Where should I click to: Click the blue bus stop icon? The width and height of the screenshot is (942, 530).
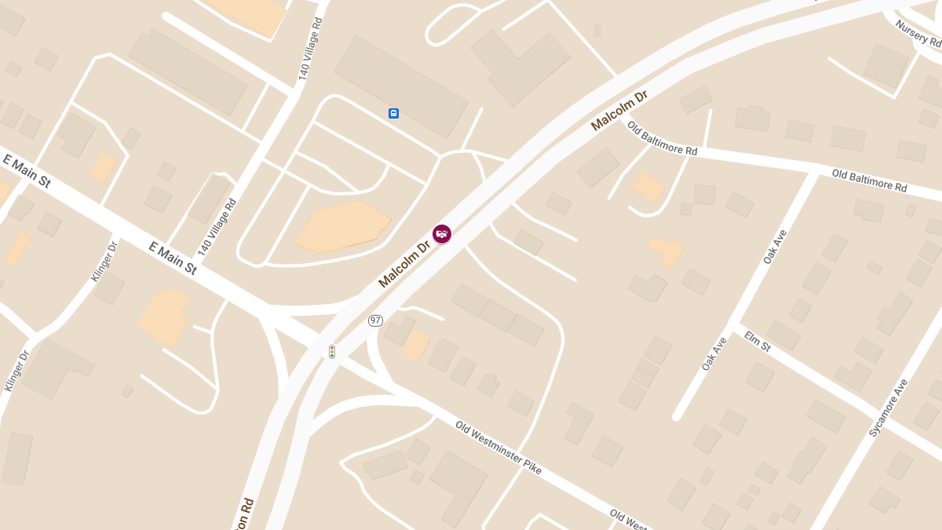(393, 113)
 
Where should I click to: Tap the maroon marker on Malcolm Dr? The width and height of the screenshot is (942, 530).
(443, 233)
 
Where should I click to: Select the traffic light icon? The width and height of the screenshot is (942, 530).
(332, 351)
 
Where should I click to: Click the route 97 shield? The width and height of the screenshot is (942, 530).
(376, 320)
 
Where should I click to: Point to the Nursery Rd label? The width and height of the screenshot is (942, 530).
(918, 33)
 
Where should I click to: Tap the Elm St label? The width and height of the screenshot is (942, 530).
(758, 342)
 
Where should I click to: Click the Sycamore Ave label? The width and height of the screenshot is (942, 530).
(889, 408)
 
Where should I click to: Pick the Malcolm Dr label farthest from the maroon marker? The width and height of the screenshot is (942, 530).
(619, 110)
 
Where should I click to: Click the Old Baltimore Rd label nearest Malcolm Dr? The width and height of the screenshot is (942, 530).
(662, 139)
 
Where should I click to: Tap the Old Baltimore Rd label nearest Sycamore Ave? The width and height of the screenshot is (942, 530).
(869, 181)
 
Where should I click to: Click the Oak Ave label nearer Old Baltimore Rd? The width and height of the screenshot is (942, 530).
(775, 247)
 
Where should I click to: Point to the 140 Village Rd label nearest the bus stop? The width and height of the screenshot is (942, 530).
(311, 53)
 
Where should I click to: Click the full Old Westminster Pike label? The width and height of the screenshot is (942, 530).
(498, 448)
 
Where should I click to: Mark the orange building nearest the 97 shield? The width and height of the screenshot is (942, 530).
(415, 345)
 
